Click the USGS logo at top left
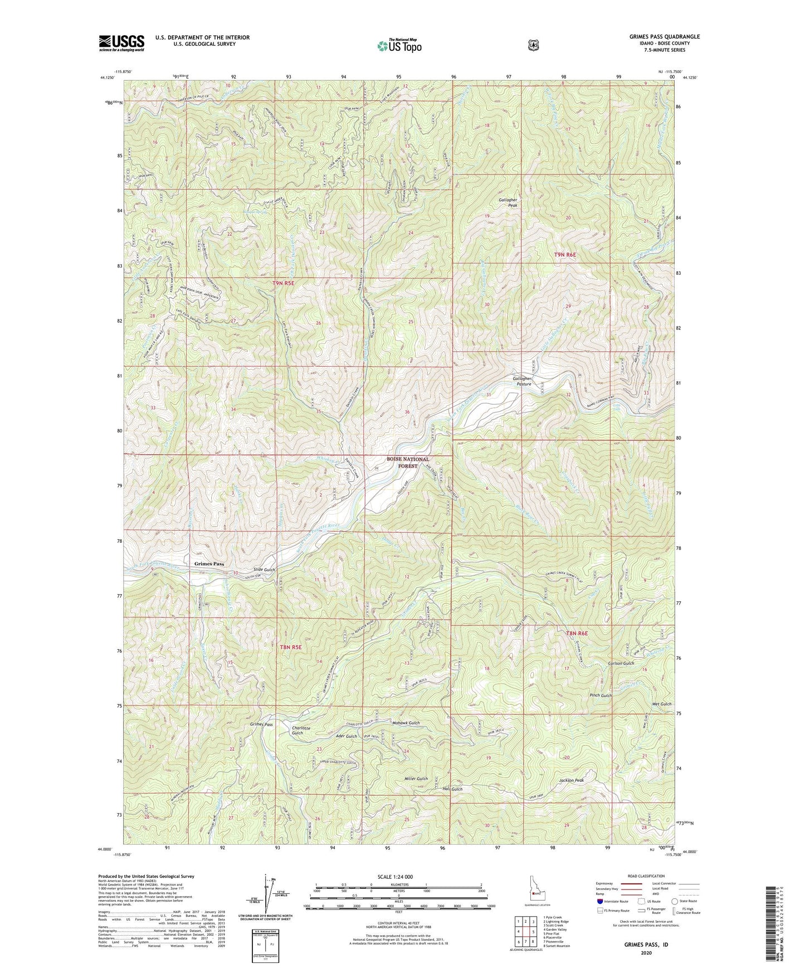tap(121, 42)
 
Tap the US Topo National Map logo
tap(398, 46)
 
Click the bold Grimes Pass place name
tap(209, 564)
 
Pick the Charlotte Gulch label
tap(297, 731)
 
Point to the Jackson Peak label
tap(572, 781)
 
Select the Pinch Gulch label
tap(601, 695)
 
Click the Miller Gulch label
tap(416, 779)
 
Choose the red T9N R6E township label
tap(564, 255)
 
